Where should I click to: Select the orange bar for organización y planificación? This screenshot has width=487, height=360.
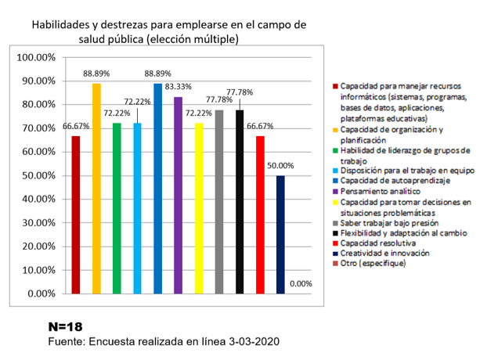click(x=96, y=189)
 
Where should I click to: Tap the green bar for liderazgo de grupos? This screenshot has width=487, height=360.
click(x=117, y=208)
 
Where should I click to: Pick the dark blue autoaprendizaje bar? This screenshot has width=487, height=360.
click(x=158, y=189)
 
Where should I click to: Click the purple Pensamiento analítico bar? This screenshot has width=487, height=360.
click(x=179, y=196)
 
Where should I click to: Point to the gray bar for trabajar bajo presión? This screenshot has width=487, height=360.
click(x=219, y=202)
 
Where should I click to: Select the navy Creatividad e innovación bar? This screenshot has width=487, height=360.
click(x=280, y=235)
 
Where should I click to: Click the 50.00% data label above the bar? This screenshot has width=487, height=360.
click(x=281, y=166)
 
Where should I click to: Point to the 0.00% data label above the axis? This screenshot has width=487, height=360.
click(x=301, y=284)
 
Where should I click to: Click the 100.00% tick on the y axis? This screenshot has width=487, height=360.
click(x=36, y=57)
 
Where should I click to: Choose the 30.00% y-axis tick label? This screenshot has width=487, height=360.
click(x=36, y=223)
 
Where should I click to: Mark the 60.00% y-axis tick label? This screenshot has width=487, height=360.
click(x=36, y=152)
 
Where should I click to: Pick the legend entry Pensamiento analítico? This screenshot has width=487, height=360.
click(x=381, y=191)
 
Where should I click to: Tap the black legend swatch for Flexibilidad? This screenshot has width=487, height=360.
click(x=334, y=232)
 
